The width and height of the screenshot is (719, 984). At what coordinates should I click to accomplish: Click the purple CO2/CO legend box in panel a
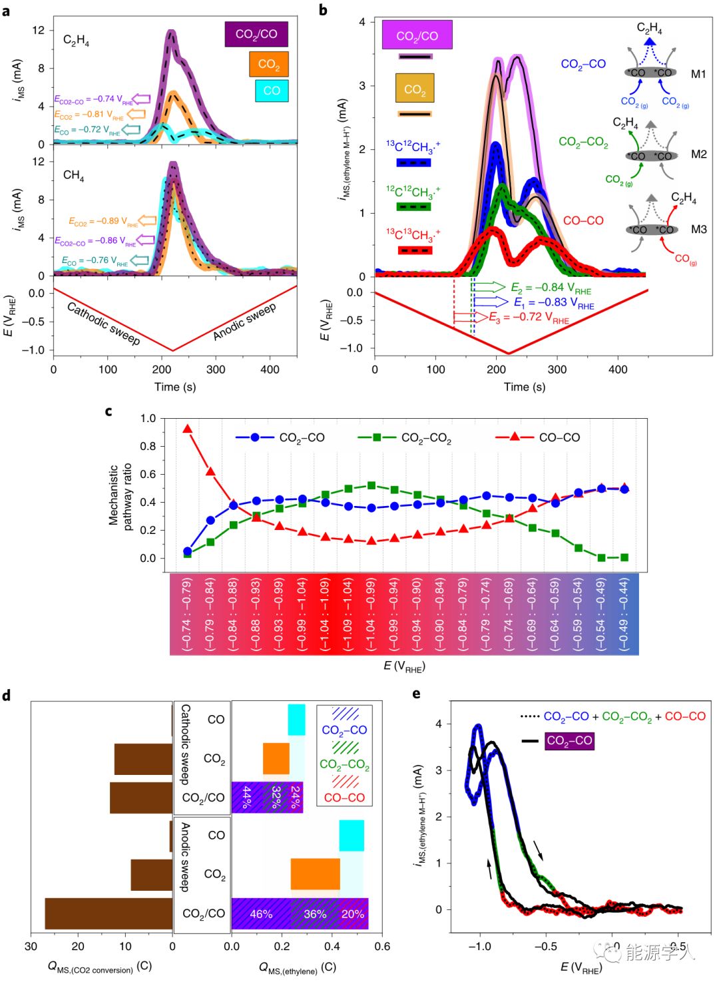(x=256, y=34)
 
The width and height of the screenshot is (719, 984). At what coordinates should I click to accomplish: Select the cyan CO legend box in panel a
(x=272, y=91)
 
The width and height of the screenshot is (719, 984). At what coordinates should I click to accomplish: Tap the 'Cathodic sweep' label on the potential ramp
(x=104, y=324)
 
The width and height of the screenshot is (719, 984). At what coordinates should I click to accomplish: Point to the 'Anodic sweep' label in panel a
(x=244, y=322)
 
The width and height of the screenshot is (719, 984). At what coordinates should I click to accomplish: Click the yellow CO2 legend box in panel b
(x=414, y=89)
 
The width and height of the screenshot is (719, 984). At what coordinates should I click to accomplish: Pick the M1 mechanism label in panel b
(x=698, y=74)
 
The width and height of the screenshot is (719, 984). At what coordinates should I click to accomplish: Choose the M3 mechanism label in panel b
(x=698, y=229)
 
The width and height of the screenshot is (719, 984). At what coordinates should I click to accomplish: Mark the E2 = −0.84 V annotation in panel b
(x=551, y=288)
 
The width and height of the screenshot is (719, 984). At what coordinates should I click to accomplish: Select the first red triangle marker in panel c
(x=188, y=429)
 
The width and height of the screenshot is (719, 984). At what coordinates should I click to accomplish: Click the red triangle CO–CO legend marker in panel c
(x=515, y=437)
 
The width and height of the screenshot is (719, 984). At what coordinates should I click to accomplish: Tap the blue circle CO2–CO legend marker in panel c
(x=255, y=437)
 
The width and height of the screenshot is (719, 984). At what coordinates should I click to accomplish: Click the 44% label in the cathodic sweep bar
(x=247, y=797)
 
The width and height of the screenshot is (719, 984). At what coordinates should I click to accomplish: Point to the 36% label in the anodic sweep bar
(x=315, y=914)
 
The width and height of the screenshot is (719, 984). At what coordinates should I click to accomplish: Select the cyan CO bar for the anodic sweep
(x=352, y=836)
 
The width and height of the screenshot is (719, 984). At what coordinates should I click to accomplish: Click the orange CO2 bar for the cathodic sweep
(x=276, y=758)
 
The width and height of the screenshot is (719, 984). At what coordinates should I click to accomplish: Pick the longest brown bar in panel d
(x=109, y=913)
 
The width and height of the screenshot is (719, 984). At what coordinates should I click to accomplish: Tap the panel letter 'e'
(x=416, y=694)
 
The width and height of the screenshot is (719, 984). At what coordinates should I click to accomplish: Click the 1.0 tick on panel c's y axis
(x=148, y=418)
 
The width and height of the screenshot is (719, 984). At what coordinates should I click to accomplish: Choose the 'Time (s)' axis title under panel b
(x=525, y=387)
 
